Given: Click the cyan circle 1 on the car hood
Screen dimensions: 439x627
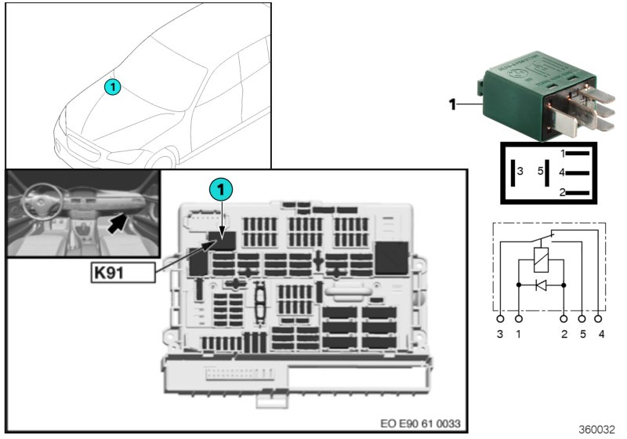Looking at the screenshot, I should pyautogui.click(x=113, y=88).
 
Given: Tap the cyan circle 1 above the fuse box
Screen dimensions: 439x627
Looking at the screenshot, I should pyautogui.click(x=222, y=190).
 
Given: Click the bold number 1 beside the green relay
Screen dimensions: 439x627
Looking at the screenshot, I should pyautogui.click(x=452, y=103).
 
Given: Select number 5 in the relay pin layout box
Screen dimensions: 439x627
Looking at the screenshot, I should pyautogui.click(x=540, y=170).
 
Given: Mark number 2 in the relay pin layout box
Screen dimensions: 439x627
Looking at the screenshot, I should pyautogui.click(x=563, y=191).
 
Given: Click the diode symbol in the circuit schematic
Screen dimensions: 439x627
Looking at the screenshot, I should pyautogui.click(x=541, y=285).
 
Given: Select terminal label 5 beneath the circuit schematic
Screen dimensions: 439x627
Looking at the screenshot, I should pyautogui.click(x=582, y=335).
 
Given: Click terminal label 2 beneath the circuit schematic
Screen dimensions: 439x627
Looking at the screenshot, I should pyautogui.click(x=564, y=335).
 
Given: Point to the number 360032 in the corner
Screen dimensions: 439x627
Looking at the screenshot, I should pyautogui.click(x=596, y=430).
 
